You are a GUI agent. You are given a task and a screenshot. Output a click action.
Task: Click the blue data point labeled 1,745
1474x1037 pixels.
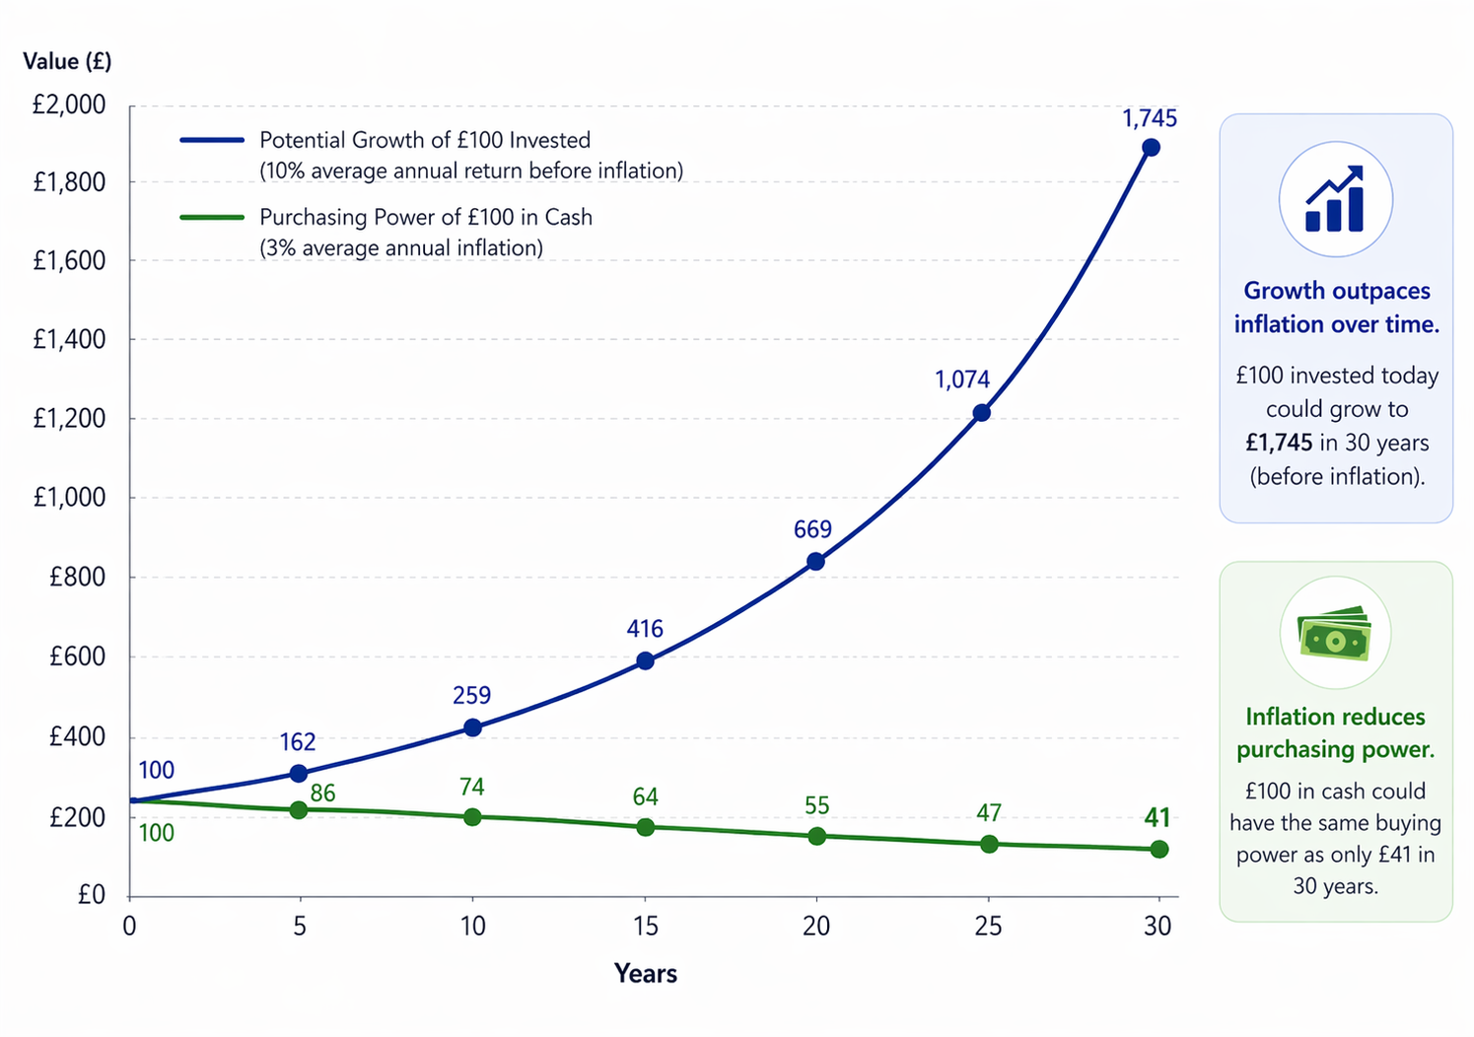point(1150,148)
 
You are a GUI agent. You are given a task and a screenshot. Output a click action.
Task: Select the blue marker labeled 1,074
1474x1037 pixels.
point(981,412)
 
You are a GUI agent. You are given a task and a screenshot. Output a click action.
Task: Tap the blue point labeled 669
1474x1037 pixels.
point(815,562)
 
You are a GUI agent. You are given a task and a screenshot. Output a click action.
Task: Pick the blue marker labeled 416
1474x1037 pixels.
point(645,660)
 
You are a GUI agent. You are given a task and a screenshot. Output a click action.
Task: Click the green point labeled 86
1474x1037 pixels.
point(299,810)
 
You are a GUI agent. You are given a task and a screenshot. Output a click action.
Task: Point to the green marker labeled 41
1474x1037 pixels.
point(1159,850)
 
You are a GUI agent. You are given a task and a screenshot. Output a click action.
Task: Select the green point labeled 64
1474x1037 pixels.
point(645,827)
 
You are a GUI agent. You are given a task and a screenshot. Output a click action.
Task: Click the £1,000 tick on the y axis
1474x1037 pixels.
point(69,498)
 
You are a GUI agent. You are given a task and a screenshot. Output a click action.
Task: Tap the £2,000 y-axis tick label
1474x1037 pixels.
point(69,104)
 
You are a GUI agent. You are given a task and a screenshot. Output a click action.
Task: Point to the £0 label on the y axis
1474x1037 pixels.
point(91,894)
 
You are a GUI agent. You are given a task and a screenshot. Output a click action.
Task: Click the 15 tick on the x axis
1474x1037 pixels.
point(645,927)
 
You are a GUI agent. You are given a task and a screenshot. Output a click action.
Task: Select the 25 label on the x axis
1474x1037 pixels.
point(988,927)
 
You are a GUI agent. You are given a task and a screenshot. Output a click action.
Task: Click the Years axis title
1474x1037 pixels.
point(645,974)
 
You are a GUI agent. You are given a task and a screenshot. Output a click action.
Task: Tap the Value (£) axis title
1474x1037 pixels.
point(67,61)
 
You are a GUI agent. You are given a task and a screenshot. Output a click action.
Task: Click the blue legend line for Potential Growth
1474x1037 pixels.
point(212,141)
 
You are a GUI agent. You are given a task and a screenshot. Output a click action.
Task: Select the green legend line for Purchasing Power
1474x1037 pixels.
point(212,218)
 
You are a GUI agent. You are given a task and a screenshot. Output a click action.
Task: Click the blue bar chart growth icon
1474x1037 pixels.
point(1335,199)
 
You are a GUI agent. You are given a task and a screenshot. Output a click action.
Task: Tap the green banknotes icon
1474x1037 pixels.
point(1335,634)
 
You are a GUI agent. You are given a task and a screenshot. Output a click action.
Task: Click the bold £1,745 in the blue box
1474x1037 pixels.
point(1279,444)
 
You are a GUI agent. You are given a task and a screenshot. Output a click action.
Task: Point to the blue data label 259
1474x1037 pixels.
point(471,696)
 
